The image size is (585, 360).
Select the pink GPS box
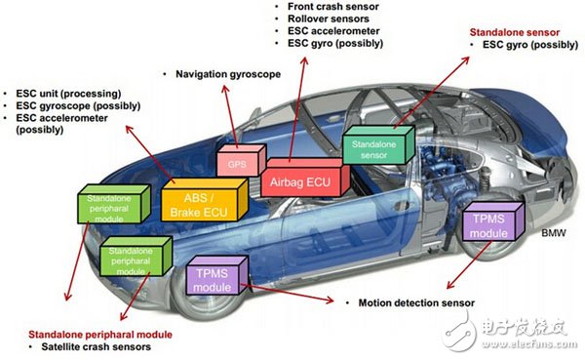tap(237, 162)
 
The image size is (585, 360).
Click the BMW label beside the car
tap(554, 234)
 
